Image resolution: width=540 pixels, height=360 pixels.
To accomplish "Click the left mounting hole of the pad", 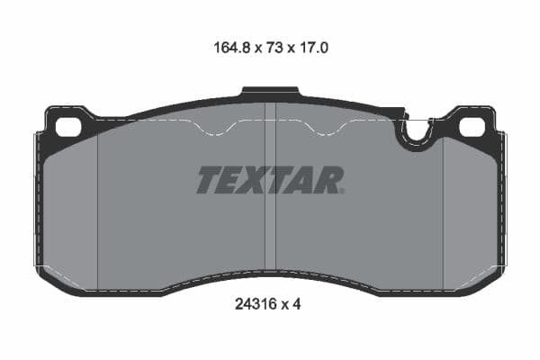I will [x=67, y=127].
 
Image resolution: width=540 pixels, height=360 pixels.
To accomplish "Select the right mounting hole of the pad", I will [x=472, y=127].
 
